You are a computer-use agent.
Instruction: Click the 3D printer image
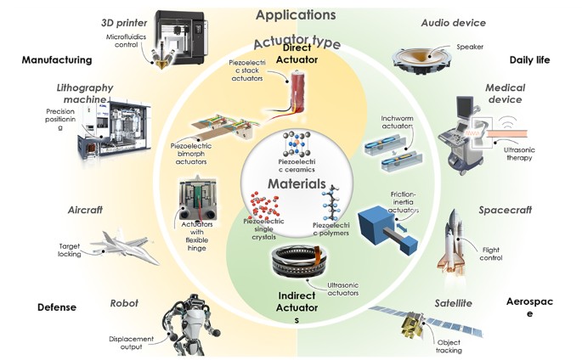178,38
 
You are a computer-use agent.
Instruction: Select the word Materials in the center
297,183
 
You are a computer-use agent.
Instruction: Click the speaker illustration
421,60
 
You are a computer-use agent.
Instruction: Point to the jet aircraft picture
124,245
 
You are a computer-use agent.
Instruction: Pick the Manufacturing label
57,60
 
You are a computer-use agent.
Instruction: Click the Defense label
57,307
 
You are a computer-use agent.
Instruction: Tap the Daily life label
529,60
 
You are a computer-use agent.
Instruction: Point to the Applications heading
296,14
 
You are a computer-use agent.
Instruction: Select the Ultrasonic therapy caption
519,154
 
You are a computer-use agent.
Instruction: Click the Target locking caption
70,250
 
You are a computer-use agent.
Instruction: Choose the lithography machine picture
114,128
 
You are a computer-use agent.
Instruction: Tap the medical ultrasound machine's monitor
464,106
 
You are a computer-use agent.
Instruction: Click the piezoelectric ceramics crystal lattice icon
297,144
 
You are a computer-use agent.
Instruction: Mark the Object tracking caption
449,346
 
